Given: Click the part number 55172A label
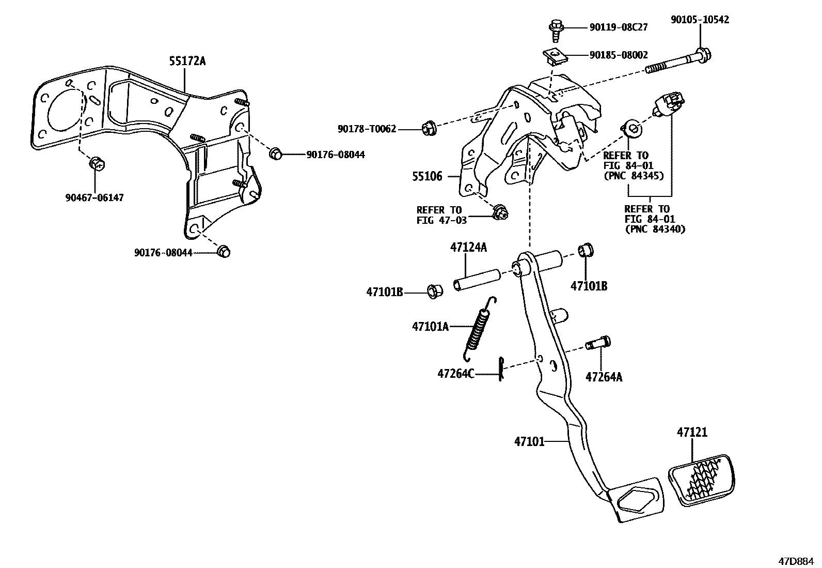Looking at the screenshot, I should coord(187,62).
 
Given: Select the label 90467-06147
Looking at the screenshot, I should coord(94,197).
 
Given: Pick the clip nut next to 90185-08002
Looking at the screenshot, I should coord(555,55).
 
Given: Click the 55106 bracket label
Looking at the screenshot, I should coord(427,177).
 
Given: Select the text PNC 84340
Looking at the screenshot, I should coord(655,228).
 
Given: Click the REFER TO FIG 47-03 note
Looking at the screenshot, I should coord(441,215).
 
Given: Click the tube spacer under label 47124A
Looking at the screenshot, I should coord(476,280).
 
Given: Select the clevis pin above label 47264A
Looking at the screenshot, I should coord(599,343).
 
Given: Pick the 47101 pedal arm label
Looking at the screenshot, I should coord(529,441).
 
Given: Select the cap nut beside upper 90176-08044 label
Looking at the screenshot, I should coord(275,153).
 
